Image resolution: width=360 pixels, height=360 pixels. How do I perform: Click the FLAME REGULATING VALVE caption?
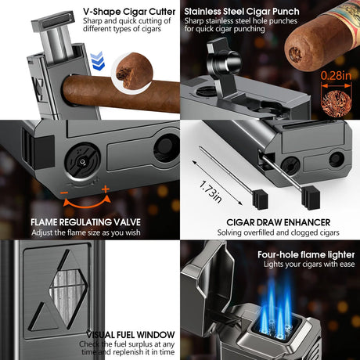pos(86,221)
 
